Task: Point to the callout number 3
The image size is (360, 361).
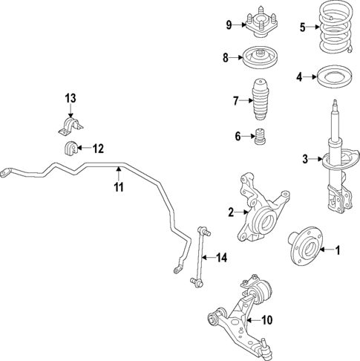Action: point(304,158)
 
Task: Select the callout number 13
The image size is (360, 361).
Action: point(70,98)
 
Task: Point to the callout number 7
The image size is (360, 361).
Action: point(235,100)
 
